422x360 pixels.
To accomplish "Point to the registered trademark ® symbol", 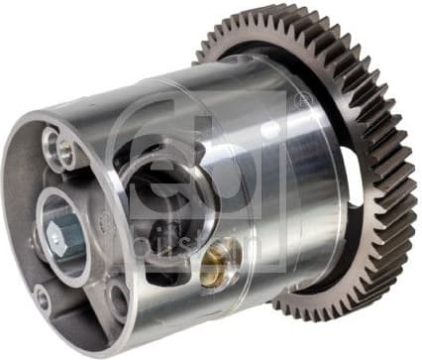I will pos(301,102).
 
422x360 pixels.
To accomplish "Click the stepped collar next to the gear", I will pos(297,198).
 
